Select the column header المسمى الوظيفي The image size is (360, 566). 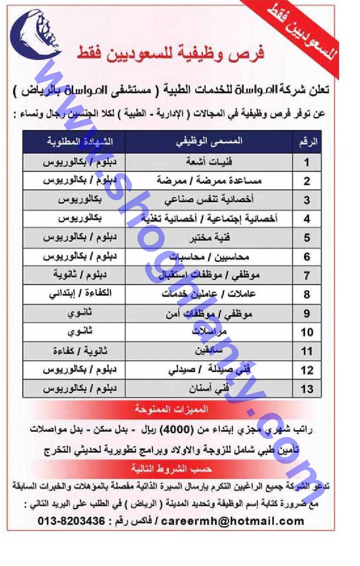click(x=209, y=142)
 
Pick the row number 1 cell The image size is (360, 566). click(x=307, y=163)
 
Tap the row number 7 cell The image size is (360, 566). click(x=307, y=276)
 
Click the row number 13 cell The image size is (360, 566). click(x=307, y=389)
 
